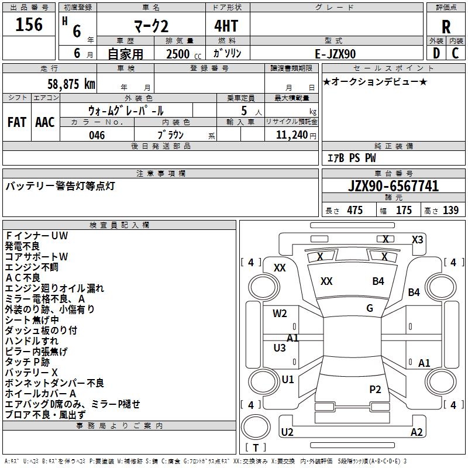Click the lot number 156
29,24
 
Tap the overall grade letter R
446,27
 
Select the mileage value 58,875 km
71,84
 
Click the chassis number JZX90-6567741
393,186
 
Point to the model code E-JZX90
335,54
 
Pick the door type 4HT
226,26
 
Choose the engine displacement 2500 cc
184,54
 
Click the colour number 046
97,135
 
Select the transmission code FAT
17,122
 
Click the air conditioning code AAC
45,122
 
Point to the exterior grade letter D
436,53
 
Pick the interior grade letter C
455,53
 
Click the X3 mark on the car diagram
417,240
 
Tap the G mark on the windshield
370,308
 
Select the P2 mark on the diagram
375,389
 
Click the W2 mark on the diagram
280,314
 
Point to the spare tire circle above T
256,427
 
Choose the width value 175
404,210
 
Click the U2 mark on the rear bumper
287,432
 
